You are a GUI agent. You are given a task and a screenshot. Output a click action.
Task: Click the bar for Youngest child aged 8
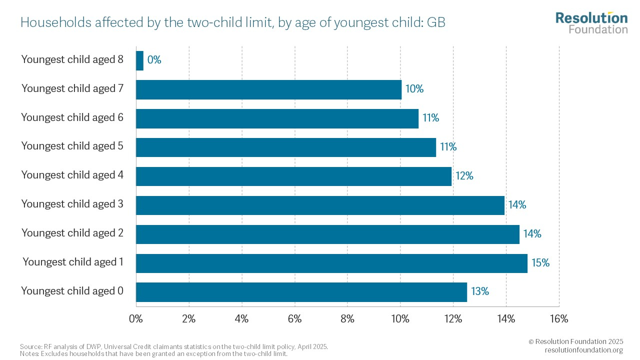pos(139,60)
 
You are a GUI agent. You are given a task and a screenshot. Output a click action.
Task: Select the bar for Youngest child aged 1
pos(331,263)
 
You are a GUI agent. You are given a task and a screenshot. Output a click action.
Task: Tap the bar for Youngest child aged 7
pos(268,89)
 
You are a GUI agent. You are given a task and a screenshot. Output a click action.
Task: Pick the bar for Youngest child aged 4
pos(293,176)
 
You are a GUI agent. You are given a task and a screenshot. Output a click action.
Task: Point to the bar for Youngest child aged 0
pos(301,292)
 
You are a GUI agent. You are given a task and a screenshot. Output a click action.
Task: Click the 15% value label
pos(540,263)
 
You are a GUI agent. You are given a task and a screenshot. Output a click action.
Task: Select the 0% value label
pos(154,60)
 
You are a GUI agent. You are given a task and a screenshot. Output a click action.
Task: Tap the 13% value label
pos(479,291)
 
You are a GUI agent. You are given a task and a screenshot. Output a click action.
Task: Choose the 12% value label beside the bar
pos(464,176)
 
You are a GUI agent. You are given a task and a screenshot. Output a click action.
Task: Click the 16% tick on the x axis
pos(558,319)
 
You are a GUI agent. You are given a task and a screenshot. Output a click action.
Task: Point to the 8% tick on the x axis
pos(347,319)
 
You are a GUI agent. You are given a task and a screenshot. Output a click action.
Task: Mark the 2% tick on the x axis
pos(189,319)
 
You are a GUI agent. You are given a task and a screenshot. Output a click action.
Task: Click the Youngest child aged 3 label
pos(72,204)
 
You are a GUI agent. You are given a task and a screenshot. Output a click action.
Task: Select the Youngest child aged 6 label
pos(72,117)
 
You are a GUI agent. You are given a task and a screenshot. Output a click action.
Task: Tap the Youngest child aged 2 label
pos(72,233)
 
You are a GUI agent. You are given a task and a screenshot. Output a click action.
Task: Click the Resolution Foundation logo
pos(591,22)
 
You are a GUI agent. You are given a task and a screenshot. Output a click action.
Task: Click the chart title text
pos(232,22)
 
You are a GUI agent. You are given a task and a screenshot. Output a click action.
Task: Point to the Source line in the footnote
pos(174,346)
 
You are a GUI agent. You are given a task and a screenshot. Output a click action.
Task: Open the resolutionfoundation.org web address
pos(583,350)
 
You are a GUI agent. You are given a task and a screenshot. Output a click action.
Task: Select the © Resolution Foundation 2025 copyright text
pos(575,341)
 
